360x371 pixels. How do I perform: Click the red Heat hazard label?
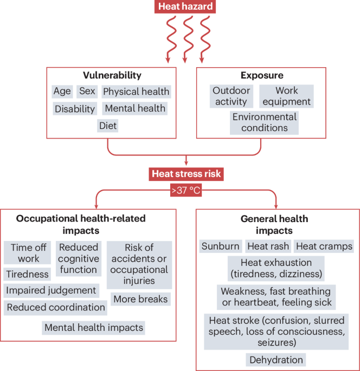point(185,7)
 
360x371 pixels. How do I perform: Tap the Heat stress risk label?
point(187,174)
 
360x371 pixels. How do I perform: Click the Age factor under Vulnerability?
point(62,92)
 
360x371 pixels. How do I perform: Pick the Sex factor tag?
point(87,92)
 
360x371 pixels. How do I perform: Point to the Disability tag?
point(75,109)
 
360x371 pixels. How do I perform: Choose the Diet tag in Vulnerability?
point(107,126)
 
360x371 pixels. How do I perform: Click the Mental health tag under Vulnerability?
point(135,108)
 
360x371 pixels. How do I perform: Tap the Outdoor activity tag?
point(231,96)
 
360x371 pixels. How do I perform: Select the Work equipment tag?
point(286,96)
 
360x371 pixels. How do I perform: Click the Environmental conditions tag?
point(264,122)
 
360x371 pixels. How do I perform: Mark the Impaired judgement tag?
point(51,290)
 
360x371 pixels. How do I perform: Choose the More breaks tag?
point(140,298)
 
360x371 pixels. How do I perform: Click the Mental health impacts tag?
point(94,328)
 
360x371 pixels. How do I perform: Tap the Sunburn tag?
point(220,246)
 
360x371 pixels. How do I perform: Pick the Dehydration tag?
point(277,360)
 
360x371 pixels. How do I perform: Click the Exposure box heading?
point(262,75)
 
